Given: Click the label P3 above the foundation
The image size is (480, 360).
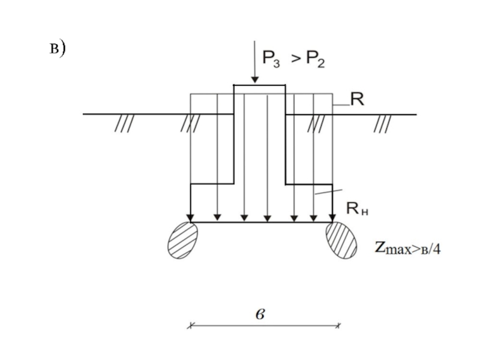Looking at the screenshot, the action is [x=271, y=59].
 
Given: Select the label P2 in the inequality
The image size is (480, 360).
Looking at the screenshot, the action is [x=316, y=59].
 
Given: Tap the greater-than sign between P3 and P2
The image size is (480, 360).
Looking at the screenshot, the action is [x=296, y=58].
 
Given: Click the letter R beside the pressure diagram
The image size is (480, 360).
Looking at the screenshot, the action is [x=357, y=99].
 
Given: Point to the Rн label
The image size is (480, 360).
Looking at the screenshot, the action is [x=357, y=208].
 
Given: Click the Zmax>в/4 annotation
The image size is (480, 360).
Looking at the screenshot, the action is [x=408, y=248].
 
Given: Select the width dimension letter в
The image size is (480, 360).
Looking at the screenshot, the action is [x=260, y=314].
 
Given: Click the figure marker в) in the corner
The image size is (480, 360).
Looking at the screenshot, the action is [x=58, y=49].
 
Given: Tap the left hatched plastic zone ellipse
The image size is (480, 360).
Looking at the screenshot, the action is [x=183, y=241].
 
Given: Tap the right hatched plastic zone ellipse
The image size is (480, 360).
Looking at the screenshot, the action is [x=341, y=241].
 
